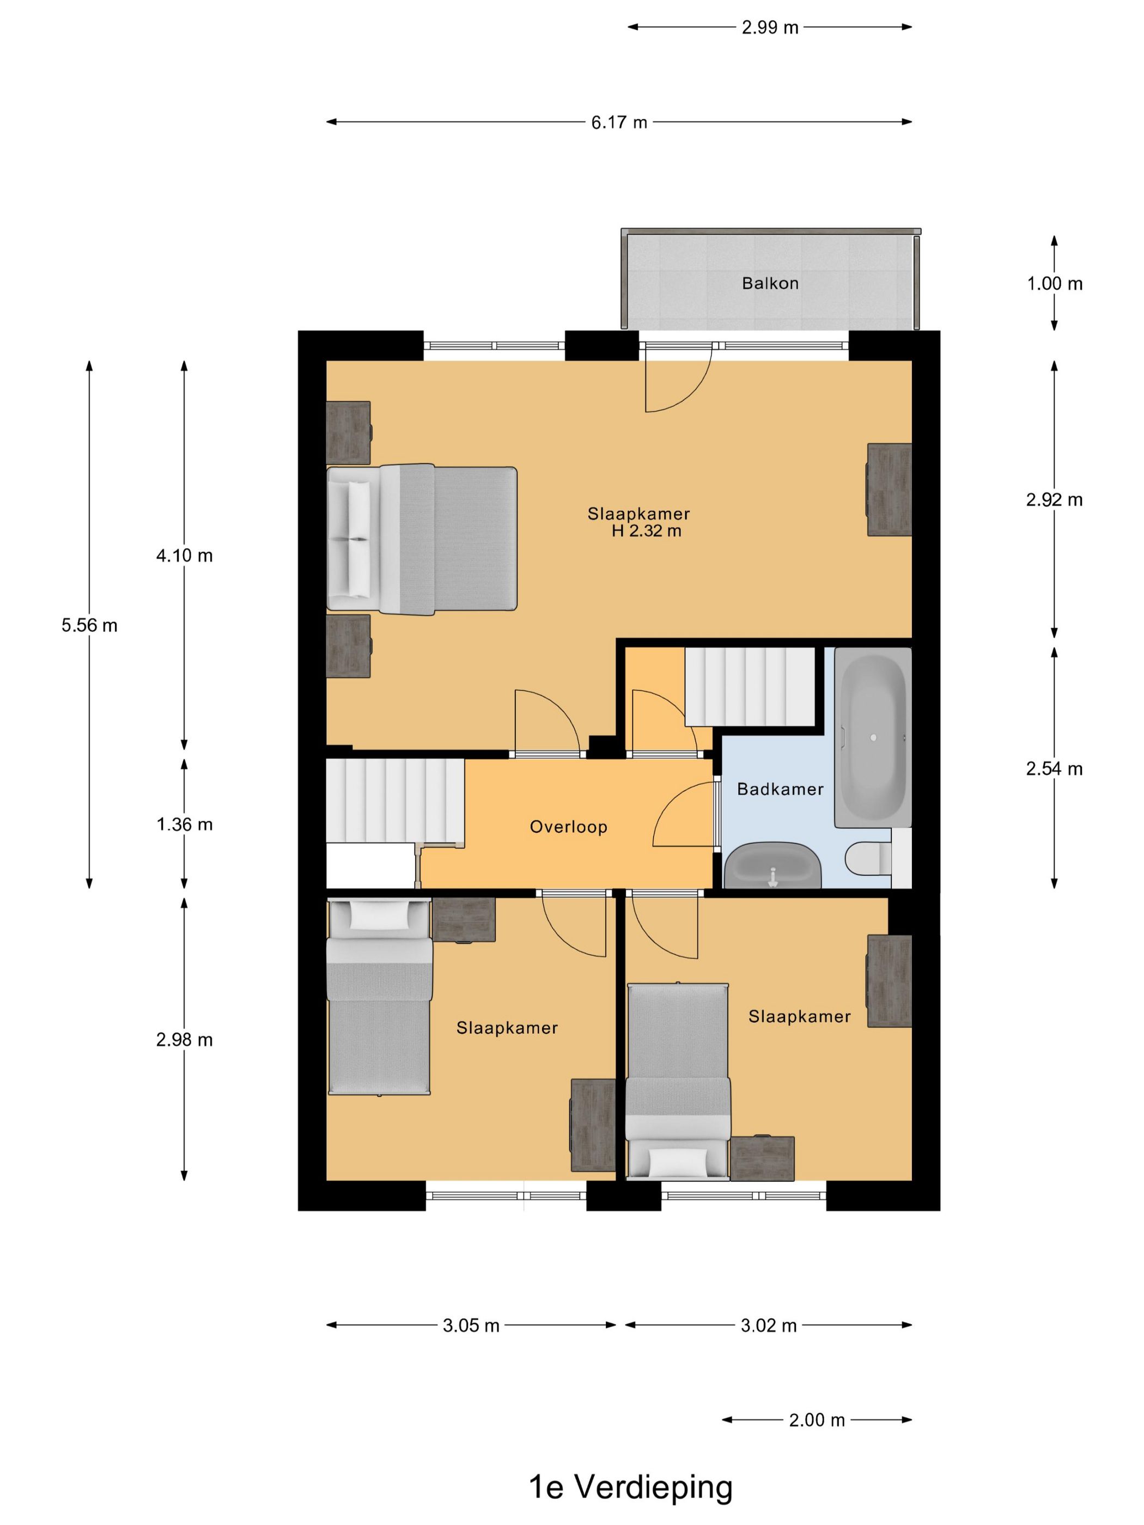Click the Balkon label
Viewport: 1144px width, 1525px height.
click(770, 283)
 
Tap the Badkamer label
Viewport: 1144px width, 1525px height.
click(780, 789)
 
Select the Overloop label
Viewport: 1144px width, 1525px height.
click(568, 827)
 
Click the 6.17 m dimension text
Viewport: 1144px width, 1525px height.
click(618, 123)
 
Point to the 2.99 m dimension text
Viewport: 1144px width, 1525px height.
click(770, 28)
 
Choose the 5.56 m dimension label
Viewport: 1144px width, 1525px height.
click(89, 625)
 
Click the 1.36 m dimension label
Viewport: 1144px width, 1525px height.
click(184, 825)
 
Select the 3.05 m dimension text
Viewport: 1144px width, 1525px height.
click(471, 1326)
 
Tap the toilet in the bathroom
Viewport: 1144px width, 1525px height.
click(867, 859)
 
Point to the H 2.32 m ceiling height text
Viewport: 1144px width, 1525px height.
click(646, 531)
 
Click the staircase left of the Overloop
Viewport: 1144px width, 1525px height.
click(395, 801)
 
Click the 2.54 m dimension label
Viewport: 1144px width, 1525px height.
click(1054, 768)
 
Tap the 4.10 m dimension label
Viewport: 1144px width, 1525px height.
click(184, 556)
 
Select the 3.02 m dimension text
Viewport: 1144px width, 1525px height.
click(769, 1326)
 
